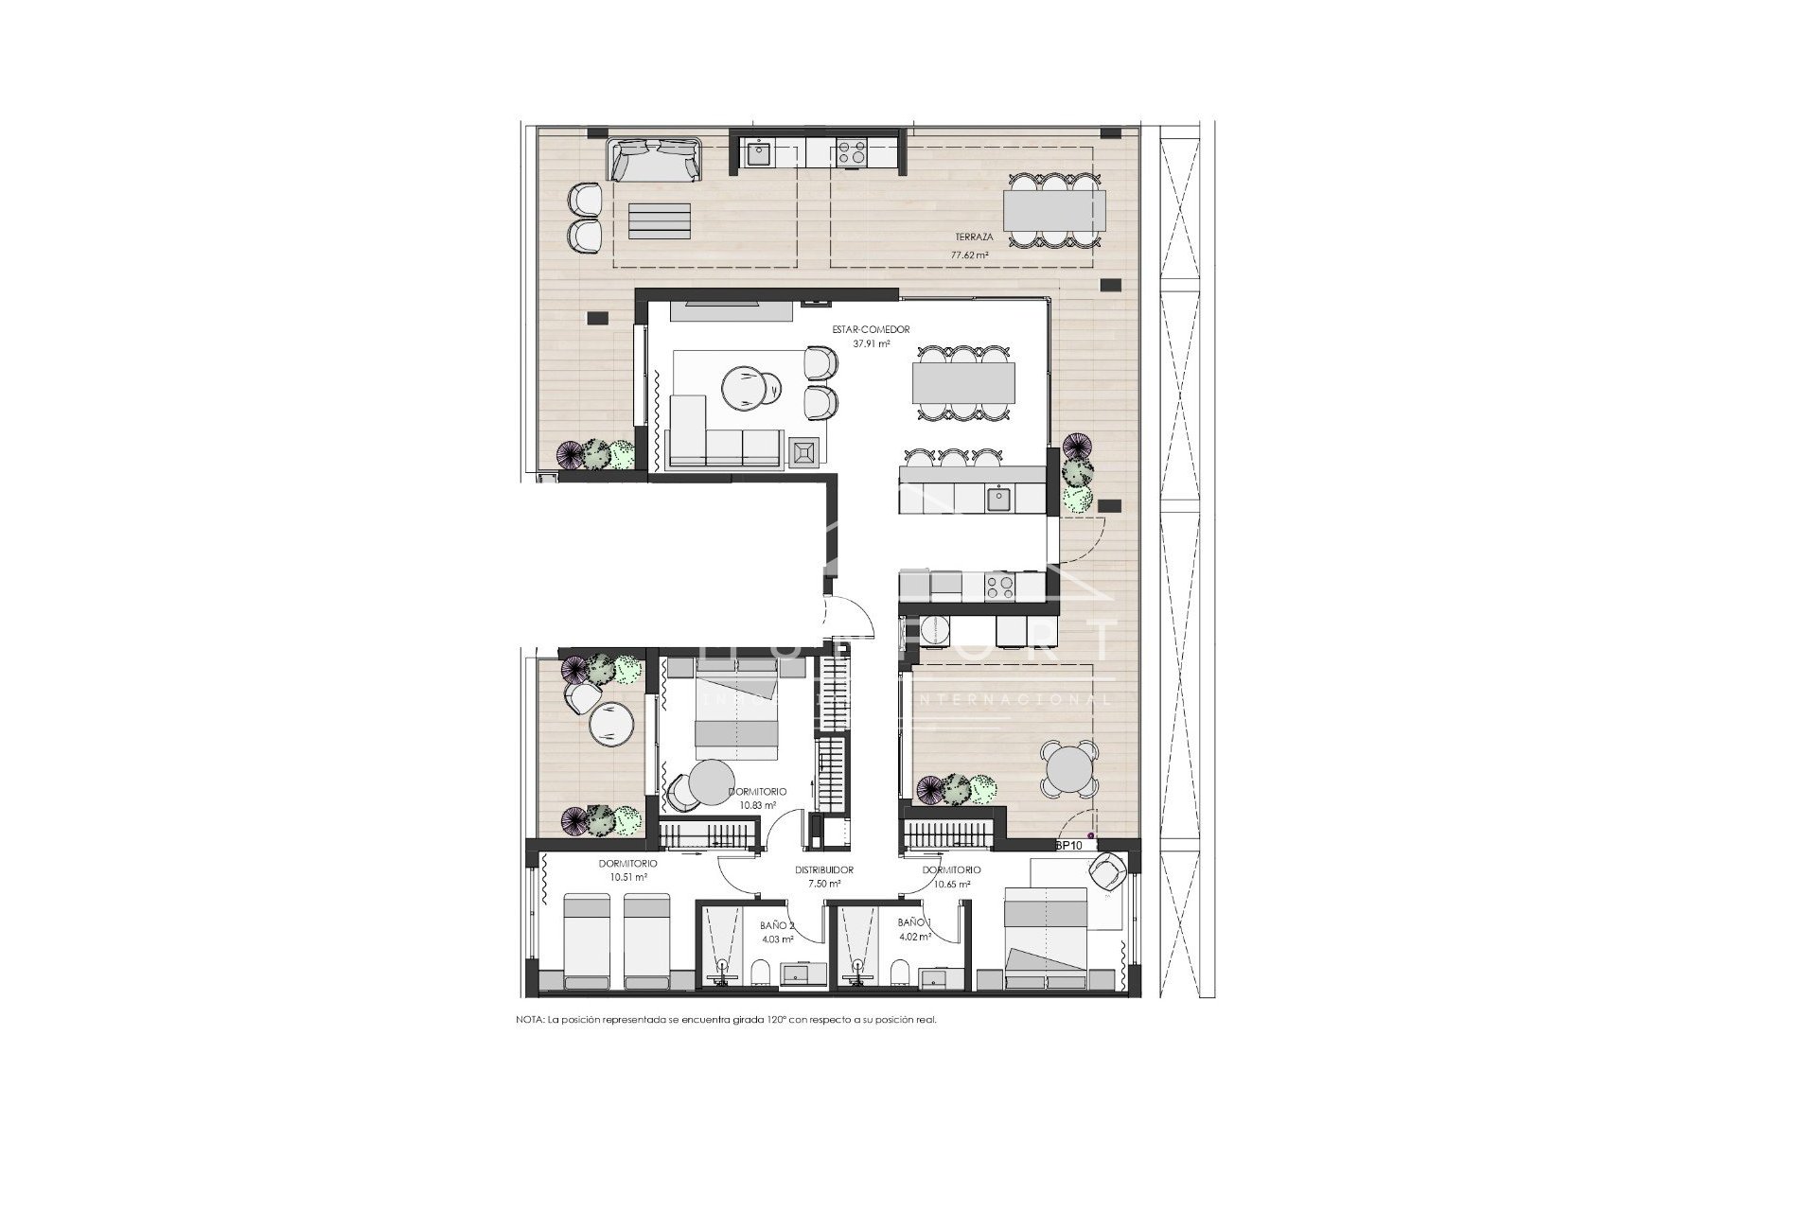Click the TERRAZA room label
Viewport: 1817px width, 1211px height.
pyautogui.click(x=947, y=237)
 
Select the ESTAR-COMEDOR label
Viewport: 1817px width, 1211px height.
pyautogui.click(x=857, y=329)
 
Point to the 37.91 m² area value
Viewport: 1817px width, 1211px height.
pyautogui.click(x=871, y=344)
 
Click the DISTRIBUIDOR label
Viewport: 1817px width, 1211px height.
pyautogui.click(x=823, y=869)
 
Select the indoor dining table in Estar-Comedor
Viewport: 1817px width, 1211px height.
pyautogui.click(x=962, y=384)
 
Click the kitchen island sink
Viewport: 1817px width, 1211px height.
pyautogui.click(x=998, y=496)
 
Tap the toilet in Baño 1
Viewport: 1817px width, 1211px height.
pyautogui.click(x=898, y=974)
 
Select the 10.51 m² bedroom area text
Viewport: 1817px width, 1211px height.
pyautogui.click(x=627, y=877)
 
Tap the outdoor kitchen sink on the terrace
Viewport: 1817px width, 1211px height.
pyautogui.click(x=758, y=152)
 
